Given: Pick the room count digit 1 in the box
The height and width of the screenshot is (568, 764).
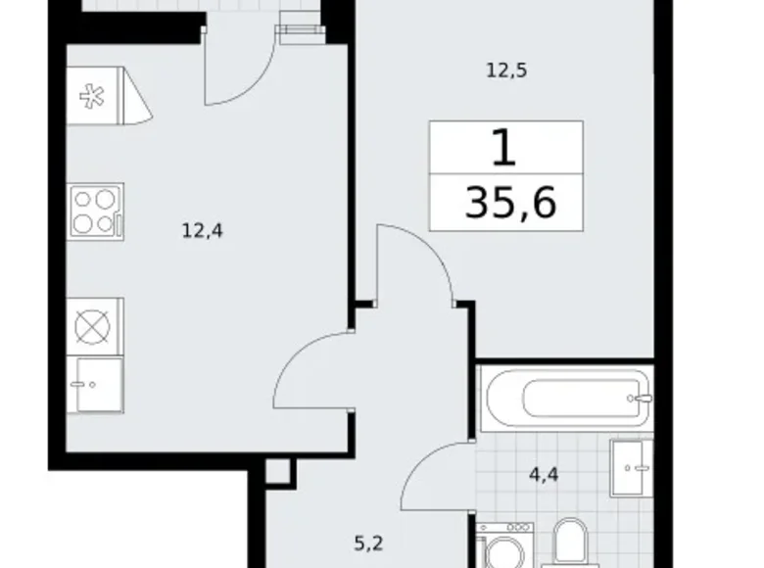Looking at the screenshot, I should [x=503, y=148].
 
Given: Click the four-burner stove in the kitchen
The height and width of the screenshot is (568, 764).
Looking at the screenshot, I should [x=96, y=212].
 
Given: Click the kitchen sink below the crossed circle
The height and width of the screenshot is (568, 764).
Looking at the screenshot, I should [x=95, y=384].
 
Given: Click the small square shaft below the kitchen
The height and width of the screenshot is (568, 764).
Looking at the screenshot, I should [x=278, y=472].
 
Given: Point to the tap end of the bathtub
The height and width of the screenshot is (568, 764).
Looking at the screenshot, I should [x=641, y=399].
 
